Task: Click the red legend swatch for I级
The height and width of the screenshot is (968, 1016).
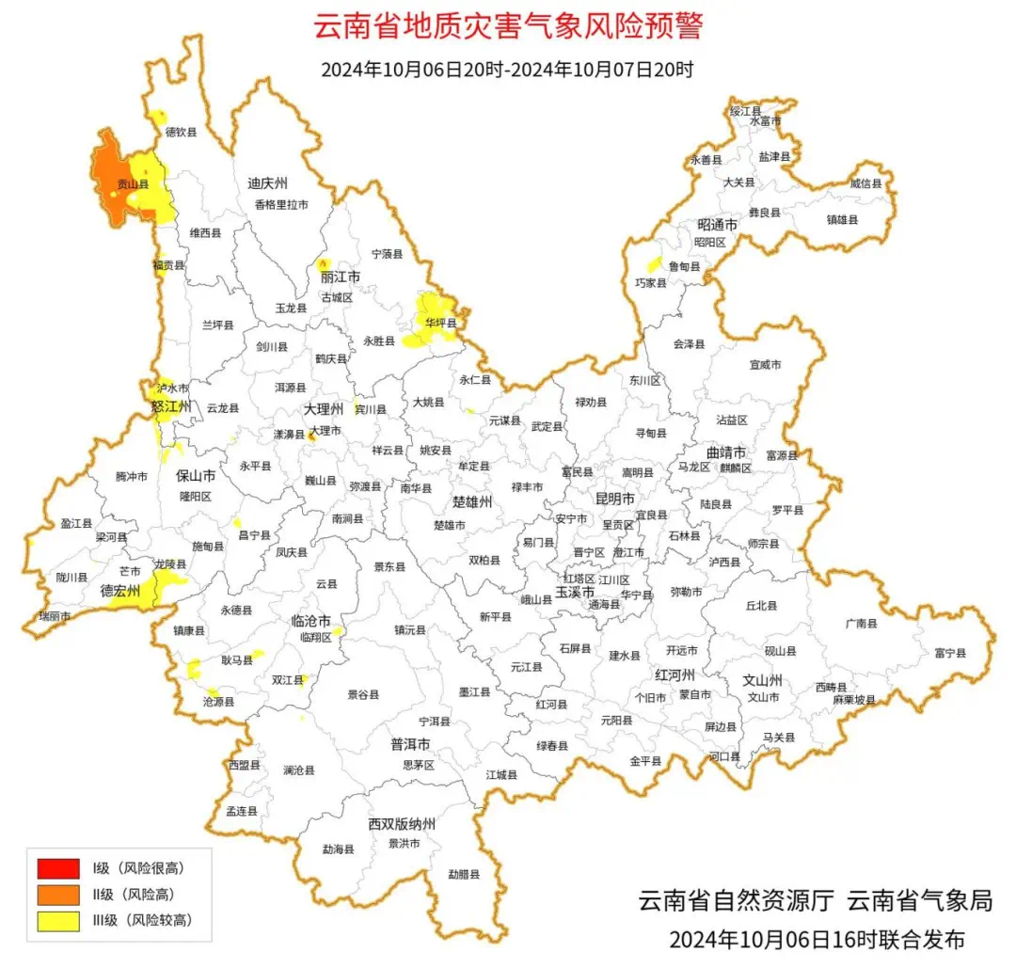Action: tap(58, 867)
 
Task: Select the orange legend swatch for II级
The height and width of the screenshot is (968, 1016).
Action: tap(58, 895)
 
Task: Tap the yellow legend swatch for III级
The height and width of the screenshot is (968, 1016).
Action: tap(58, 921)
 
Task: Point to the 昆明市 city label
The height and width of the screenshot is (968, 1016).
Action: tap(615, 497)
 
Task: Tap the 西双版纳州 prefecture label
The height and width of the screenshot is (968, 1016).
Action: tap(402, 824)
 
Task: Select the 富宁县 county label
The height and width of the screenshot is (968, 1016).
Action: tap(950, 653)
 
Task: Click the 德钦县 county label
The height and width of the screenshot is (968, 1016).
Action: tap(182, 133)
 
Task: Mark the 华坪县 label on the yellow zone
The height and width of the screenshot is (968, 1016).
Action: tap(440, 324)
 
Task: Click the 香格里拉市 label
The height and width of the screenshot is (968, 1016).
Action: tap(280, 204)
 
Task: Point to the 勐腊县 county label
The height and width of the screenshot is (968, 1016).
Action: tap(464, 874)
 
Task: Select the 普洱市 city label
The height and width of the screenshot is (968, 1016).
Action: tap(410, 744)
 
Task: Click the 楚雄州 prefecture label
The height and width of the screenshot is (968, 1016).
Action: tap(471, 501)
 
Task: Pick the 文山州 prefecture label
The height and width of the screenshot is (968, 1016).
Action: tap(763, 679)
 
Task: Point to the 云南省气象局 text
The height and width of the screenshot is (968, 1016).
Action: tap(920, 900)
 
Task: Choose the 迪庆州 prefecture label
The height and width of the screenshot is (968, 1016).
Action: tap(267, 183)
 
